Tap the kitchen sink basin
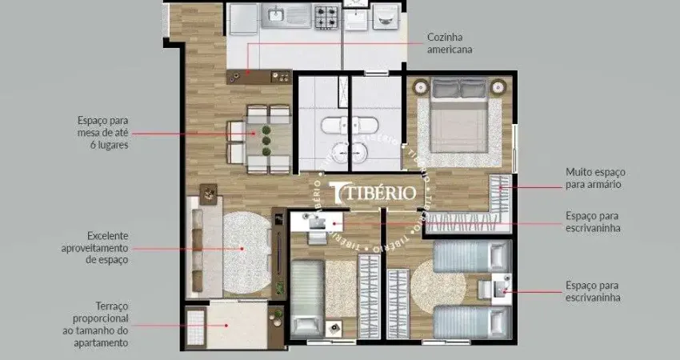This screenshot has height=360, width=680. click(276, 14)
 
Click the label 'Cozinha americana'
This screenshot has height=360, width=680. click(449, 43)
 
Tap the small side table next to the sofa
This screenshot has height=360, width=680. click(209, 192)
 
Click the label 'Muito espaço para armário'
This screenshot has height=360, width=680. click(595, 178)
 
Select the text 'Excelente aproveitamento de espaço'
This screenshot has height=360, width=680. click(95, 248)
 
